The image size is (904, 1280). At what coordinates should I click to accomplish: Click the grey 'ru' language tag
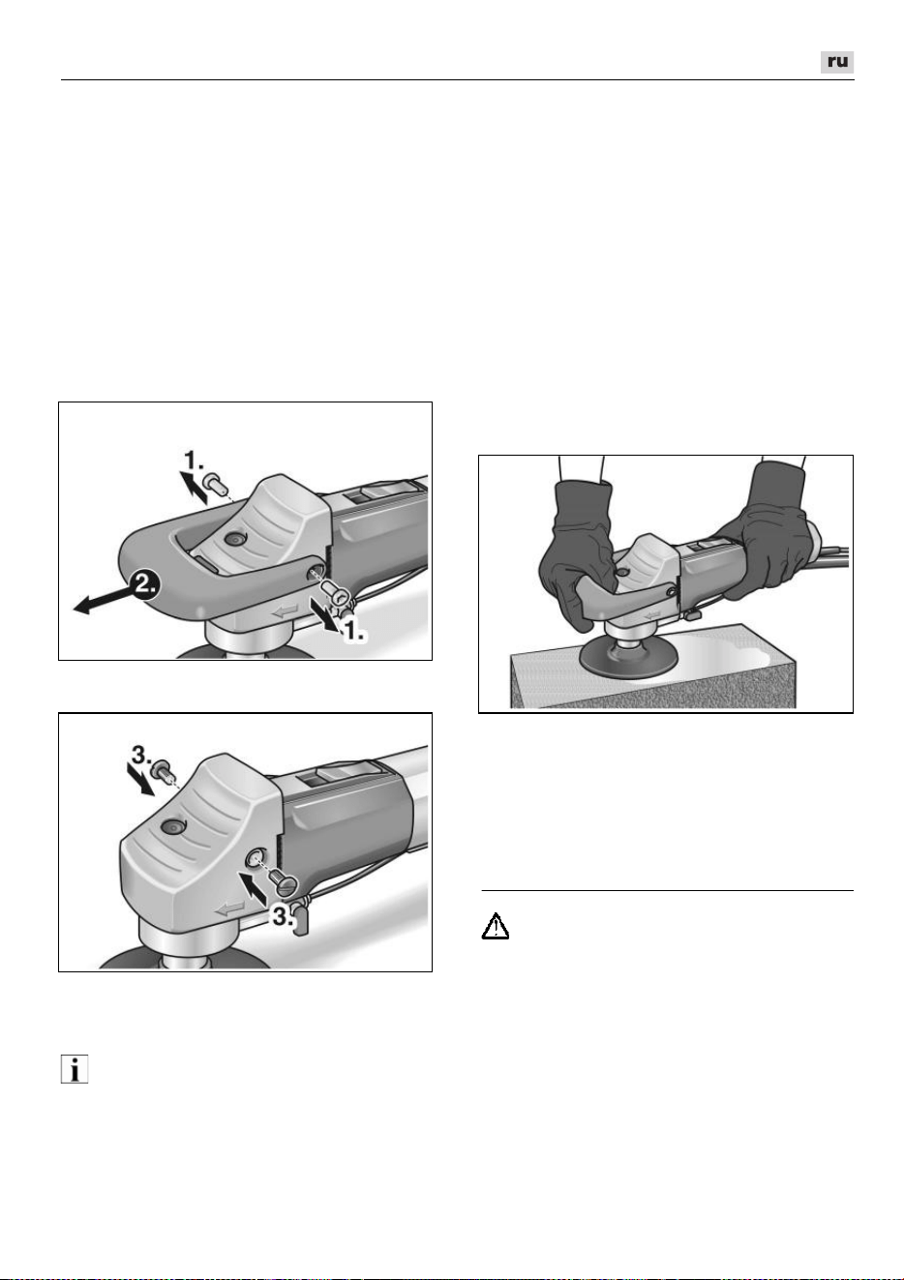pos(837,62)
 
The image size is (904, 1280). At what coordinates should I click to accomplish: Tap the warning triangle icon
pos(496,927)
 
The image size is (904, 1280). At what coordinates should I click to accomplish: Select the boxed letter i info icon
pos(75,1069)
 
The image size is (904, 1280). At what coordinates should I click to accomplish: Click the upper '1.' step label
pos(194,460)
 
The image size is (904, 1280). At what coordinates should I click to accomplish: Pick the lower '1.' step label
pos(354,630)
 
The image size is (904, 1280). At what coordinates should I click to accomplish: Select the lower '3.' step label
pos(283,915)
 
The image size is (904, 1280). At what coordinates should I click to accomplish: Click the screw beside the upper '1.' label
pos(218,484)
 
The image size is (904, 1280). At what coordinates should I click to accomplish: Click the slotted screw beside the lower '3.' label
pos(284,872)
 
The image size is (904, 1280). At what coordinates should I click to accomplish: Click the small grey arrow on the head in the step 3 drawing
pos(228,907)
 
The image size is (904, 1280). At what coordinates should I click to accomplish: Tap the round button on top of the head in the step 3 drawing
pos(172,825)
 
